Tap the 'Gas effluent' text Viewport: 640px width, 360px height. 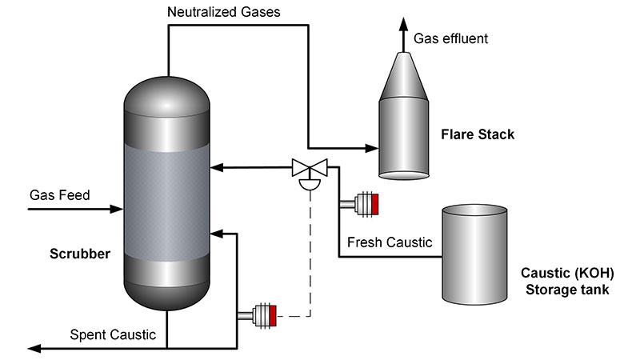450,38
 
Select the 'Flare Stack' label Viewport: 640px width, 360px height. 478,134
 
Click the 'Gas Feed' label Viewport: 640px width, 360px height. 60,195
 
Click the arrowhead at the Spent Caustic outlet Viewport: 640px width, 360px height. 32,348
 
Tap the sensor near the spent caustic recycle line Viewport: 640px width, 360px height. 262,315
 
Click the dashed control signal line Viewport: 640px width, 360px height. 310,256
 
